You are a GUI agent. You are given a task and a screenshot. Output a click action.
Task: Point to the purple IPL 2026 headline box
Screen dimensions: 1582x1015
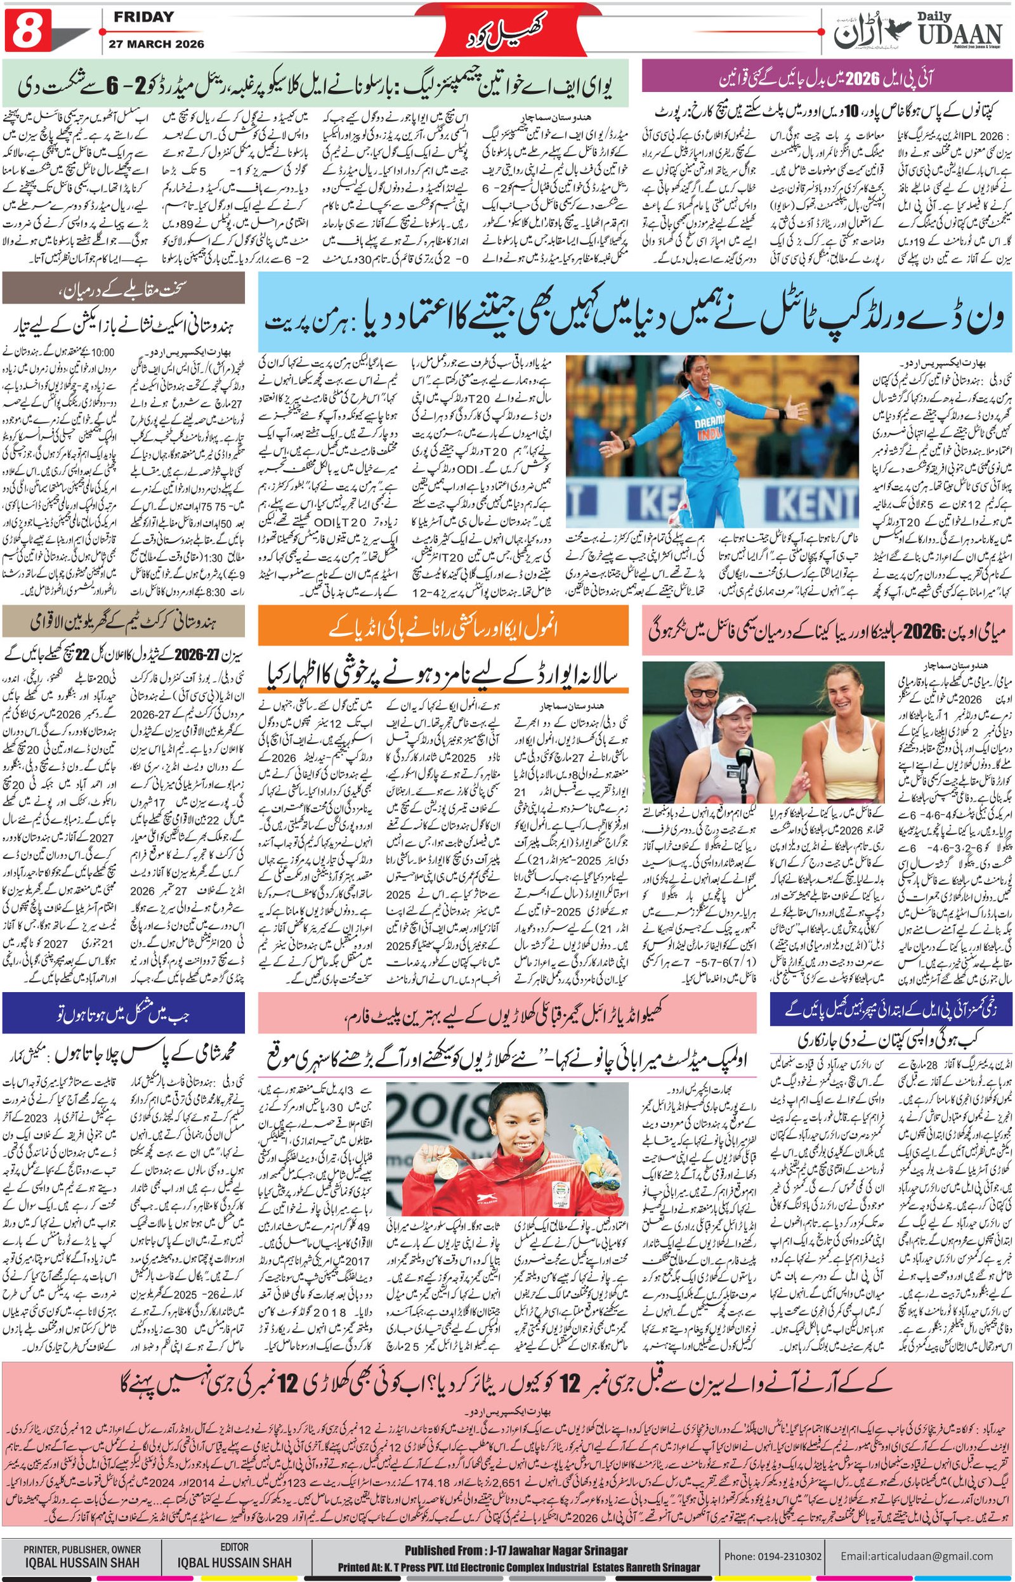tap(822, 78)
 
